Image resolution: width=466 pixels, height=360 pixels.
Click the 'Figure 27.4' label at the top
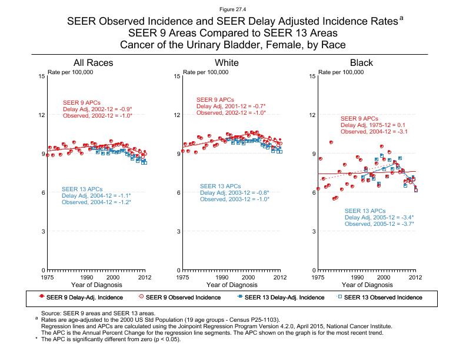click(233, 9)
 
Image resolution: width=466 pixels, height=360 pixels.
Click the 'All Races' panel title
click(93, 63)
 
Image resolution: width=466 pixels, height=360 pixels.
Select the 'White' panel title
click(227, 63)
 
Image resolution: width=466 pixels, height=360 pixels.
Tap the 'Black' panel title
click(361, 63)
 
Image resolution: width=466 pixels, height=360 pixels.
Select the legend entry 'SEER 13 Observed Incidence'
click(382, 297)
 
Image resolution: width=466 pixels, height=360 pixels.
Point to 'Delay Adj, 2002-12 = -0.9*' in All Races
click(96, 109)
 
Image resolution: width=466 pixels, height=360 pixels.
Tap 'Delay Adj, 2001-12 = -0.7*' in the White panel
click(231, 106)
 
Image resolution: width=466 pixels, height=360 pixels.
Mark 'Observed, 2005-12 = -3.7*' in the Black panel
click(380, 224)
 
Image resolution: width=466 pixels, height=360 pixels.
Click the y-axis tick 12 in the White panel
click(177, 115)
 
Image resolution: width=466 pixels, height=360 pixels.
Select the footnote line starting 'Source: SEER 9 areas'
click(97, 314)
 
